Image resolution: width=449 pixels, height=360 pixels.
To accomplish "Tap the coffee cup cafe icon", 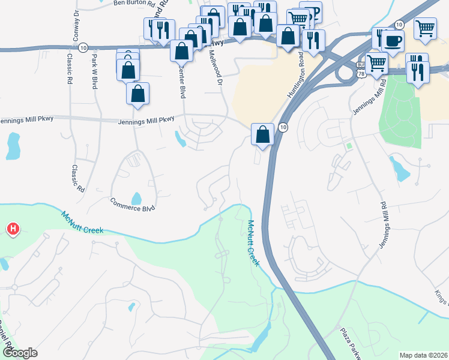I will [393, 41].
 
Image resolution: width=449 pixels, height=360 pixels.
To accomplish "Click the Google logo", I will [19, 353].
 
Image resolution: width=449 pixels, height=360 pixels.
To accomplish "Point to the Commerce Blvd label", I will [133, 203].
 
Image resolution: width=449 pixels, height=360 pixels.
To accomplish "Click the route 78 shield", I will [360, 73].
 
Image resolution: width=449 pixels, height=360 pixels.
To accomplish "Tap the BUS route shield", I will [360, 64].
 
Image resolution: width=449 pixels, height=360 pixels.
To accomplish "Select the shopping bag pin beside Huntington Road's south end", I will [262, 134].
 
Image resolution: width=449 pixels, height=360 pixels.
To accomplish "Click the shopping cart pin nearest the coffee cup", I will [376, 62].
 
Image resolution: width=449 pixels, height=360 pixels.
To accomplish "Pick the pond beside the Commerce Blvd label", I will [136, 197].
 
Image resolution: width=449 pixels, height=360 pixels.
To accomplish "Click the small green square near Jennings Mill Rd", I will [349, 146].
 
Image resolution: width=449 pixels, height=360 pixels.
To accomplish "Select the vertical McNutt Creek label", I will [253, 243].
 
